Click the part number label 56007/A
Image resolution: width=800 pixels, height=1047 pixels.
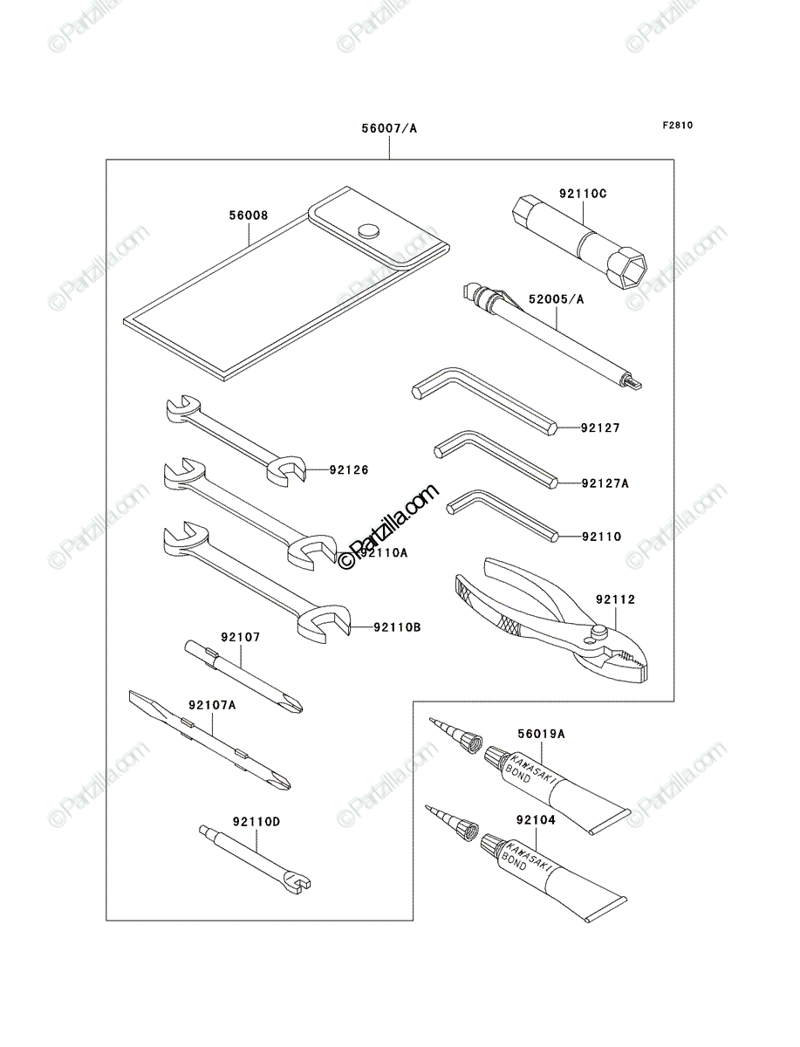[x=388, y=128]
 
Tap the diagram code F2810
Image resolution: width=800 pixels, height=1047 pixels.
[x=677, y=126]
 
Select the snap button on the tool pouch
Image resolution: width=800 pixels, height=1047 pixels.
[x=368, y=230]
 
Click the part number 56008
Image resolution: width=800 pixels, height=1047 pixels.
[x=249, y=216]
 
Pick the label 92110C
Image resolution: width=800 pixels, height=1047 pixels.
[x=583, y=195]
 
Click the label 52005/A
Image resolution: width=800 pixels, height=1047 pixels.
[x=557, y=299]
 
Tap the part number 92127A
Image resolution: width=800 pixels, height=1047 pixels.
[x=605, y=483]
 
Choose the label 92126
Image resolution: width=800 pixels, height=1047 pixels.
[x=349, y=469]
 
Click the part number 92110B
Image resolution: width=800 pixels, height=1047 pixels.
[x=397, y=627]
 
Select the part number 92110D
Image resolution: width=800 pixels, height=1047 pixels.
[x=256, y=822]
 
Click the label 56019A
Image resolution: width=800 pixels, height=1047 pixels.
[x=541, y=734]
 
